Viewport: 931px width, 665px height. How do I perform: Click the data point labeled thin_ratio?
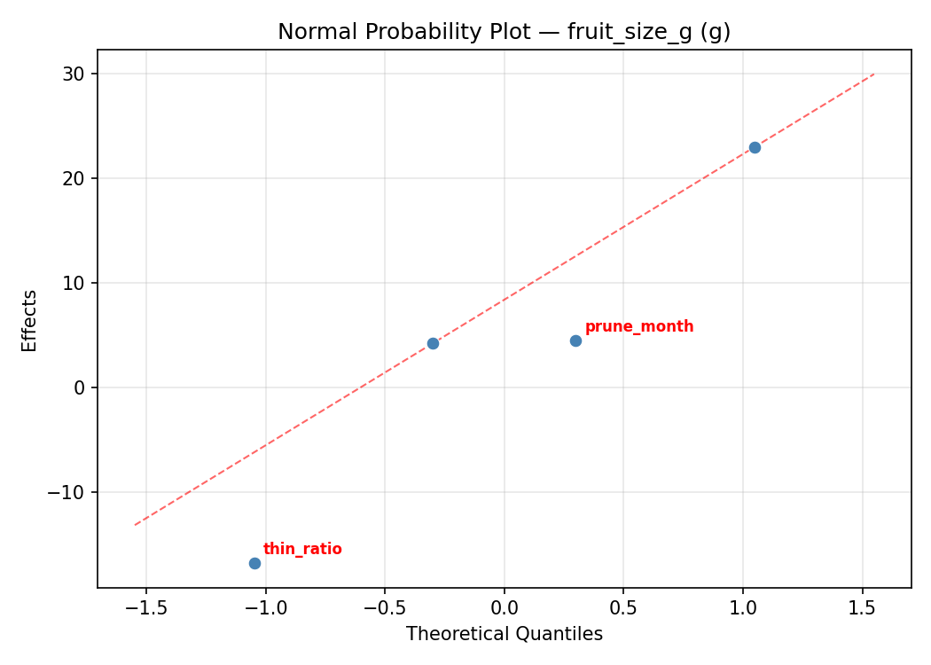[x=254, y=563]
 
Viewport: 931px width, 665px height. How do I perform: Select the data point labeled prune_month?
[x=575, y=340]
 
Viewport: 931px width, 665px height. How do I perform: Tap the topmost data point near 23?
[x=755, y=147]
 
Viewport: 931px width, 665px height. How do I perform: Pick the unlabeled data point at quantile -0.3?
[x=433, y=343]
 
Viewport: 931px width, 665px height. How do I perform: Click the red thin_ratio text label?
[x=302, y=549]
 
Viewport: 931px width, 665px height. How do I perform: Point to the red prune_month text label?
[x=639, y=326]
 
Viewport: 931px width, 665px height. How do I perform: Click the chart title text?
[x=504, y=32]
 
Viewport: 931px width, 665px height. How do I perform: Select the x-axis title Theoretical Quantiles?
[x=504, y=634]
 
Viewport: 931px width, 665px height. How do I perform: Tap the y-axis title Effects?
[x=30, y=320]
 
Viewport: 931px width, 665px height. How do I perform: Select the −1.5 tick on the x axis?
[x=145, y=607]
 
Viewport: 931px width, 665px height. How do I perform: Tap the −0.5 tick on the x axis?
[x=384, y=607]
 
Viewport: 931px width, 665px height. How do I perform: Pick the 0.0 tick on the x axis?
[x=504, y=607]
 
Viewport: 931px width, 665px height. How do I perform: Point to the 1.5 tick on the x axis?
[x=862, y=607]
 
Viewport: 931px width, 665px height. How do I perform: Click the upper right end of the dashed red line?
[x=873, y=74]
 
